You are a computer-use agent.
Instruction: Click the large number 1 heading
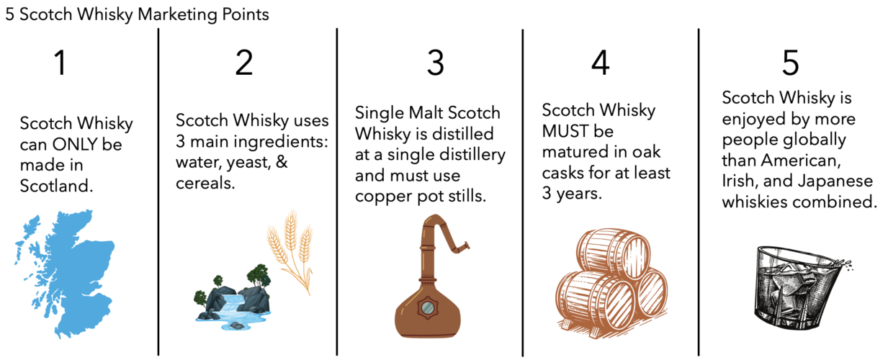(60, 63)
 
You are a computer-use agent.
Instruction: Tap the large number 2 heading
(244, 63)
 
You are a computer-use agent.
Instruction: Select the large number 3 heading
(435, 63)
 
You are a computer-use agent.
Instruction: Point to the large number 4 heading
(600, 63)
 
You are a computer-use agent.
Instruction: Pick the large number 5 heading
(790, 63)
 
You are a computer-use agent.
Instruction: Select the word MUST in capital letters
(566, 132)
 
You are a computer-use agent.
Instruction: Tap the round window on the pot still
(429, 310)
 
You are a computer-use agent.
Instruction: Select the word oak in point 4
(647, 153)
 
